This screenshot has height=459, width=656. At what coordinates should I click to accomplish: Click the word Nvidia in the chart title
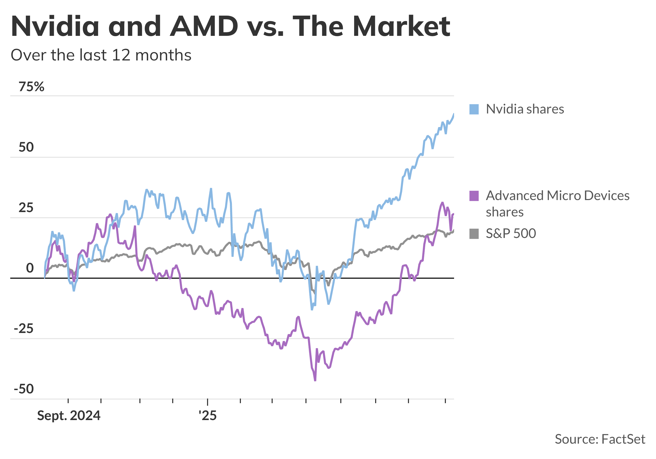point(55,26)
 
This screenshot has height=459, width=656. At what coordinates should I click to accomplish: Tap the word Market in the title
point(402,26)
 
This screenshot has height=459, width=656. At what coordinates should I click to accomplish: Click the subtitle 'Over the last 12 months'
point(101,55)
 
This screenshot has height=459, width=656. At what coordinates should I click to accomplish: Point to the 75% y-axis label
point(32,87)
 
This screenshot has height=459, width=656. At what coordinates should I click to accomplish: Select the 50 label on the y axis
point(26,147)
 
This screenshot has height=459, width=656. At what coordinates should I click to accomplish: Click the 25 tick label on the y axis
point(26,208)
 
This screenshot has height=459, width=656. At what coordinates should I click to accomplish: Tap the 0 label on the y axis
point(30,268)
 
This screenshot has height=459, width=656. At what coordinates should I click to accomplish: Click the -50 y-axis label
point(24,389)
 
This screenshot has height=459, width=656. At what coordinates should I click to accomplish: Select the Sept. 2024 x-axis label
point(69,416)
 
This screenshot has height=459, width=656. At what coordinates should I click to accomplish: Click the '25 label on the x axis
point(208,416)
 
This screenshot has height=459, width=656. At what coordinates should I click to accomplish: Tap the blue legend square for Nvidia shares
point(474,109)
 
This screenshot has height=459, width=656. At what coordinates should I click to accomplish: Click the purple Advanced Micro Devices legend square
point(474,196)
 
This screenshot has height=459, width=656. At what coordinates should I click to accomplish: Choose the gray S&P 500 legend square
point(474,234)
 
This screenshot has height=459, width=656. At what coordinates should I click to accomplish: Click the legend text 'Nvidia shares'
point(525,109)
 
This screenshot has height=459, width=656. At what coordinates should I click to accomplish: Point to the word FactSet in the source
point(623,439)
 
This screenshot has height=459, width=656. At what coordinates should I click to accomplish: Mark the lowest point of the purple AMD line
point(315,380)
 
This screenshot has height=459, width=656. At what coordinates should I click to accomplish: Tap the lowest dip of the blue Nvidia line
point(312,309)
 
